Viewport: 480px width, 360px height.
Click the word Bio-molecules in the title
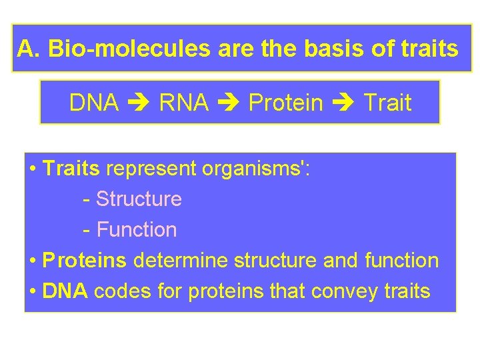tap(115, 48)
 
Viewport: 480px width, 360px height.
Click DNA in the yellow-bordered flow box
tap(94, 103)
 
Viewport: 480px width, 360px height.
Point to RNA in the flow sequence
tap(184, 103)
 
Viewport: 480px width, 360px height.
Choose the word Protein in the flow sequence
tap(285, 103)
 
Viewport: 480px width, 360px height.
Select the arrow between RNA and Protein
tap(229, 103)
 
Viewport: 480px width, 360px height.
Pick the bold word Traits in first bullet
tap(71, 169)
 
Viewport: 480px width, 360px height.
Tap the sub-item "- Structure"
tap(132, 199)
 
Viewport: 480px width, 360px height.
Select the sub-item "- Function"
tap(130, 230)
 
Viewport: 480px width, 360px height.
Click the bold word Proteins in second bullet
tap(84, 261)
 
